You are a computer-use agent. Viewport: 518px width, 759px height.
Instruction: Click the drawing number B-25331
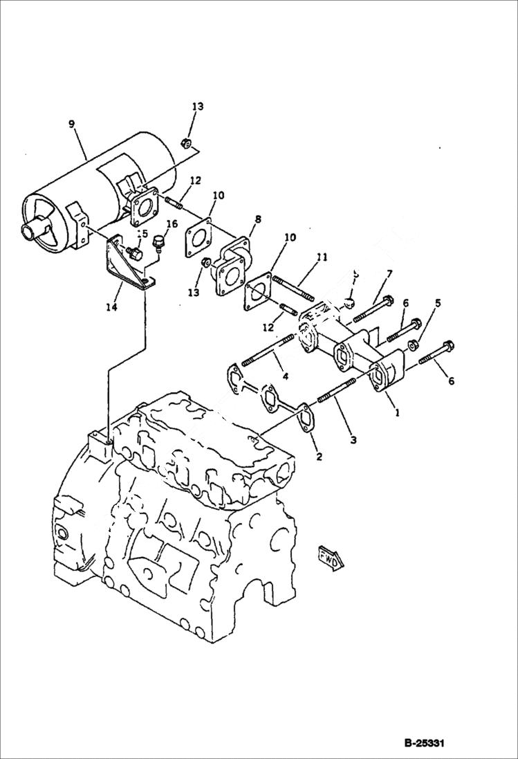423,743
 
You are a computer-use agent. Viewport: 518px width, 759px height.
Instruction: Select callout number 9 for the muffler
71,124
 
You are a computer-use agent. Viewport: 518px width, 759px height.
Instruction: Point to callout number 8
257,219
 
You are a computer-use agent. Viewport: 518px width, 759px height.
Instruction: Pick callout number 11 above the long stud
320,257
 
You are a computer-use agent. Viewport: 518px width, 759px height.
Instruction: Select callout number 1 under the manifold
397,412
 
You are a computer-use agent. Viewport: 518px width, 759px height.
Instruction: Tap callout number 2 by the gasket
319,456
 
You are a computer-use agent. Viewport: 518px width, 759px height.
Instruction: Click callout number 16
172,224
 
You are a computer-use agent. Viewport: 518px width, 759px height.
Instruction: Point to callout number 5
437,302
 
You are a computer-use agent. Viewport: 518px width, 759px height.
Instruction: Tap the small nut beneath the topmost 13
186,143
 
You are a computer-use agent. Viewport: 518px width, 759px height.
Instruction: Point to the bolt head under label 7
387,301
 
